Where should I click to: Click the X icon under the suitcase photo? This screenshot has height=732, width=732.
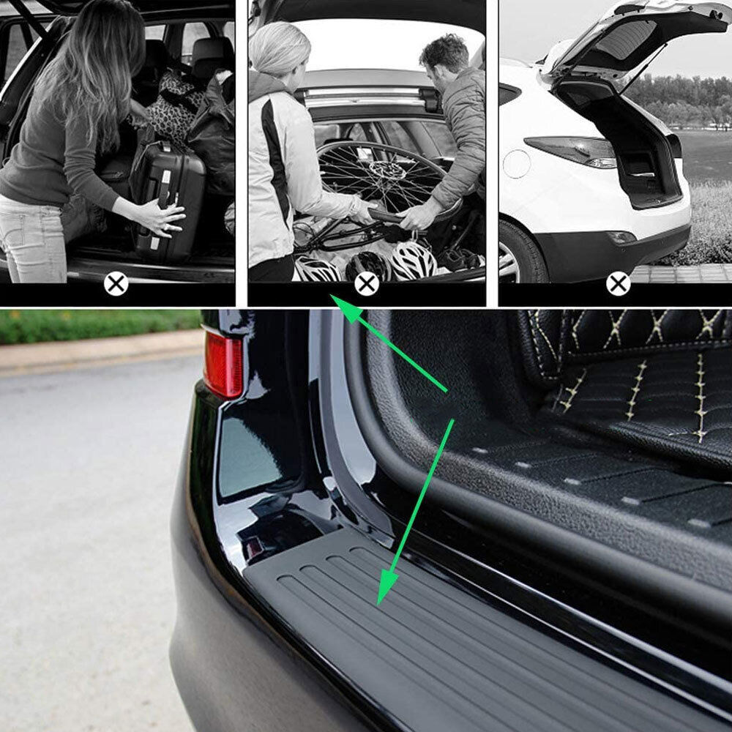pos(116,283)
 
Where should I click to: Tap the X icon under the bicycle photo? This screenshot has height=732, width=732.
pos(367,283)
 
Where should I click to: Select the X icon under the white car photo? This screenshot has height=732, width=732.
pos(619,283)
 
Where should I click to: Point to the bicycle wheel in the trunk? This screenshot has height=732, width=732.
pos(381,176)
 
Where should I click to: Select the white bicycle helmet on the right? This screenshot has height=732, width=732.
pos(413,261)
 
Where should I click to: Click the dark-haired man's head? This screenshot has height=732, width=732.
pos(443,55)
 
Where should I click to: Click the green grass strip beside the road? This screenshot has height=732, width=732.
pos(95,326)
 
